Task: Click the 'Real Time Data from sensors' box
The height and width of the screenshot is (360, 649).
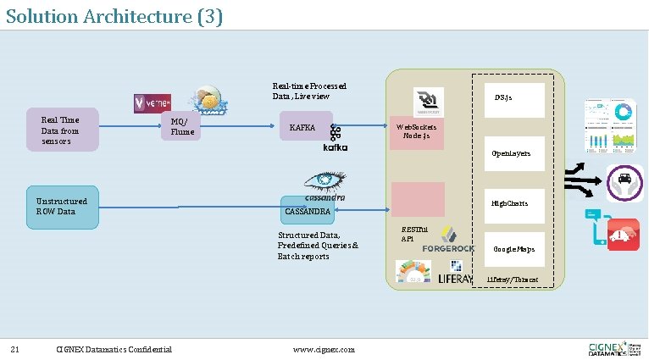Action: (x=62, y=130)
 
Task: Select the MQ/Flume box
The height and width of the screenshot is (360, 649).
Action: (x=181, y=126)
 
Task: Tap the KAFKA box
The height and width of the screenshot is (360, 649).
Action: (x=302, y=127)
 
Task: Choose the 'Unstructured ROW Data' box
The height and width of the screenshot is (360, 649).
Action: (x=62, y=206)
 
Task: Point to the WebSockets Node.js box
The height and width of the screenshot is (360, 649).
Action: (x=417, y=131)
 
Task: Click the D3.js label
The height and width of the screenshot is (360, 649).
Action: (x=503, y=97)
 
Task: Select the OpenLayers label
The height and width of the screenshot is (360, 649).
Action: (x=511, y=153)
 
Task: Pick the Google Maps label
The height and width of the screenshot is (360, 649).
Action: (x=513, y=249)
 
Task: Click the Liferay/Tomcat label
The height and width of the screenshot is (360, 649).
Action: (x=513, y=280)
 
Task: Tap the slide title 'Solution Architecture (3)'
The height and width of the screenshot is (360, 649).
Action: (x=114, y=16)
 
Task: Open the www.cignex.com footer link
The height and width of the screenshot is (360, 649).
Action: (x=324, y=349)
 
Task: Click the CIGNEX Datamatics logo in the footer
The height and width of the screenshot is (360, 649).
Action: (x=614, y=348)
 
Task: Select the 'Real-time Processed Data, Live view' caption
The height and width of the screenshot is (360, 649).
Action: (x=309, y=91)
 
